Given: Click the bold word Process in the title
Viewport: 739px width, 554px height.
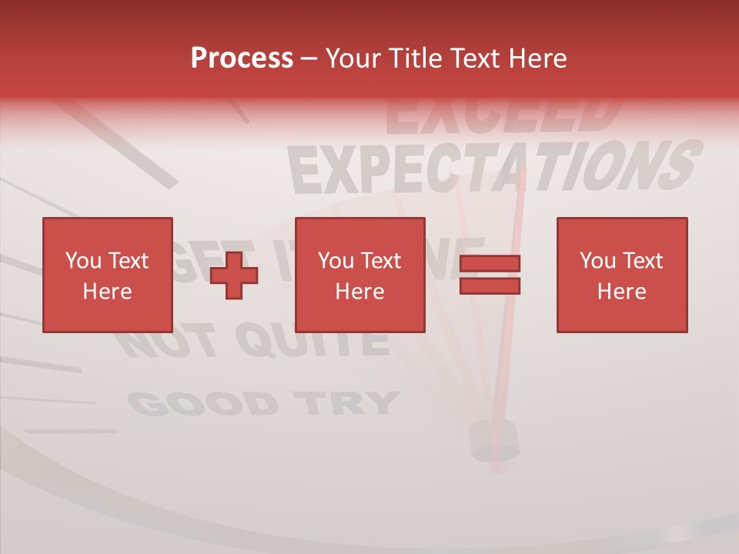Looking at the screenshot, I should (x=242, y=58).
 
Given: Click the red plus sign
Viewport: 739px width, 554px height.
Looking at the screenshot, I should (x=234, y=275).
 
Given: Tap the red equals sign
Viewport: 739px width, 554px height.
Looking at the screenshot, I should (x=490, y=275).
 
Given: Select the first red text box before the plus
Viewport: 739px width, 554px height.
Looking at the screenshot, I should (x=107, y=275).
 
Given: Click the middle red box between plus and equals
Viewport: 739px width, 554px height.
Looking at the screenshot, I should (x=359, y=275).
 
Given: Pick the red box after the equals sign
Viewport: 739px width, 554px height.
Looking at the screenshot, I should (x=621, y=275).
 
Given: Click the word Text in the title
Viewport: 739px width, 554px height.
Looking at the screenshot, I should (x=472, y=58).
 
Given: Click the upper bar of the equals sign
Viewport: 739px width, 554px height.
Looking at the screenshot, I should (x=490, y=264).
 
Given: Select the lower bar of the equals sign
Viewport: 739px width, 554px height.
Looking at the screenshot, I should (x=490, y=286).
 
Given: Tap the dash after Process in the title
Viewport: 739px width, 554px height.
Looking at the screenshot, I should (x=309, y=58).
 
